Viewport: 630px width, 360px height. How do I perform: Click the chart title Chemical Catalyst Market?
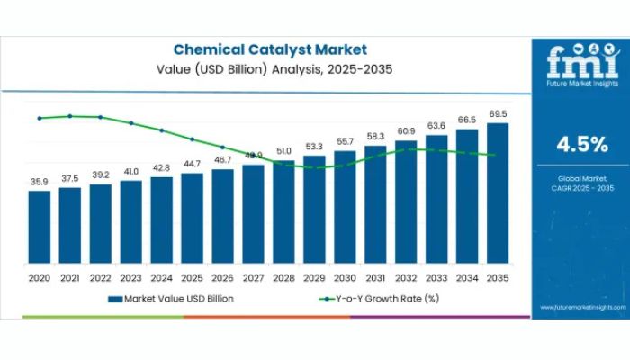tap(269, 49)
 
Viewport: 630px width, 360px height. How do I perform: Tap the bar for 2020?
tap(39, 229)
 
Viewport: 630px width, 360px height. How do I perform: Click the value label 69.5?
tap(498, 114)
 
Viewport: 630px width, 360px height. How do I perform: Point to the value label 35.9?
tap(39, 183)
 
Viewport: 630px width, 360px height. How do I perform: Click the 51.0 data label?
tap(283, 151)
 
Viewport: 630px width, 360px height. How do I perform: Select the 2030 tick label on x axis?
tap(345, 278)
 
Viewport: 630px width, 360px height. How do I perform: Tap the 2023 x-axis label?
tap(130, 278)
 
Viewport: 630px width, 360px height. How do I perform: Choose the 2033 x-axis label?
tap(436, 278)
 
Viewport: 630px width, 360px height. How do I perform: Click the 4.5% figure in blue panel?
tap(581, 145)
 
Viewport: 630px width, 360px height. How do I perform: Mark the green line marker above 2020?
tap(39, 118)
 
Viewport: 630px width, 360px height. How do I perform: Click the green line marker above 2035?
tap(498, 156)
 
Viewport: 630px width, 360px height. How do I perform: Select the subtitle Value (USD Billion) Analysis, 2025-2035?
tap(269, 68)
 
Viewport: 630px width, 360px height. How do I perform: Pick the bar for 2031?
tap(375, 206)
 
